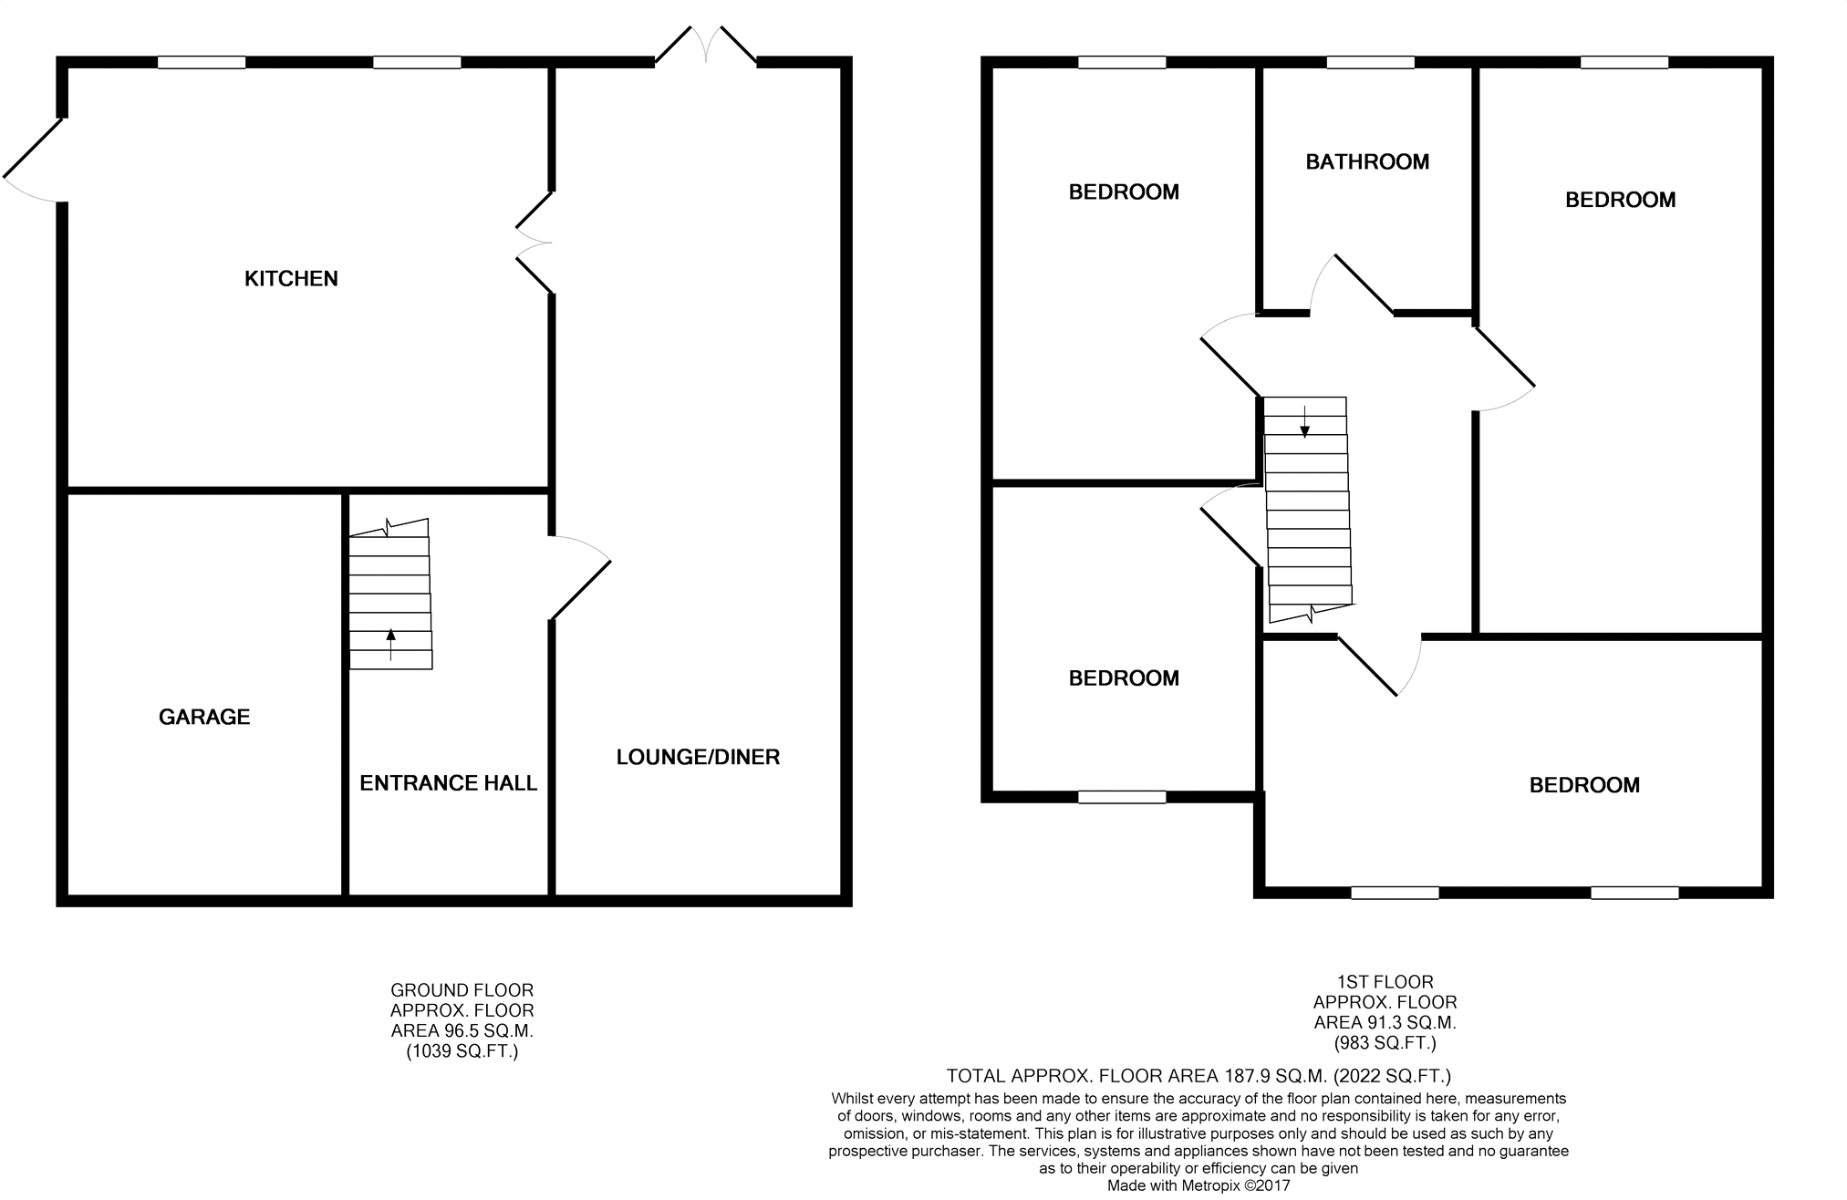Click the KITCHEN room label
tap(291, 279)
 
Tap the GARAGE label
tap(204, 718)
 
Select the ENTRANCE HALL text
tap(448, 783)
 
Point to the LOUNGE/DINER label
tap(698, 757)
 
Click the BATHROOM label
tap(1367, 162)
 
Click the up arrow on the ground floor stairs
tap(391, 644)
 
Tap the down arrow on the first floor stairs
tap(1305, 421)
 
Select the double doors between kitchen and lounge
tap(534, 243)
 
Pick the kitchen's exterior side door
tap(34, 160)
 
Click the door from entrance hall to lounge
tap(579, 578)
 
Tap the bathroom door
tap(1352, 284)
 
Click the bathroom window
tap(1370, 63)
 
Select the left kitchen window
tap(202, 63)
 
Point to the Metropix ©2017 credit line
tap(1198, 1186)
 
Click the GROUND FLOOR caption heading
tap(462, 990)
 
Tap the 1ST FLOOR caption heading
tap(1385, 982)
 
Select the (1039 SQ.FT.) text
tap(462, 1051)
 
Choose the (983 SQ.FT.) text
tap(1385, 1043)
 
